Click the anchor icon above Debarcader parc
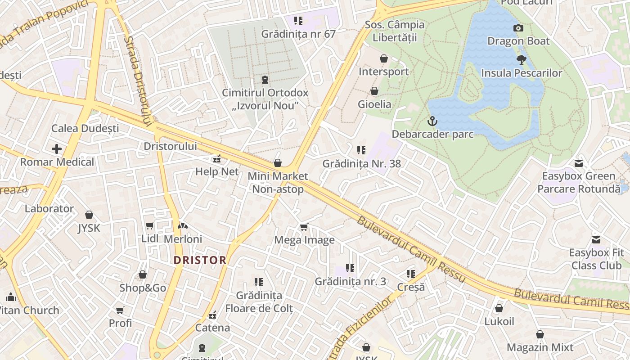click(432, 121)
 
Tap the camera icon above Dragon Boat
click(518, 28)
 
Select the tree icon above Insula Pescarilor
click(521, 59)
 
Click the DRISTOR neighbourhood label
click(200, 260)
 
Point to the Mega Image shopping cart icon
click(304, 227)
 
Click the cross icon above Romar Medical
click(57, 148)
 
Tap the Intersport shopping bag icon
click(384, 58)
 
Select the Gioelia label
click(374, 104)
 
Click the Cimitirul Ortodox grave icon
click(265, 80)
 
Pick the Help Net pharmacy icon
click(217, 158)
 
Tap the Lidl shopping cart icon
click(149, 225)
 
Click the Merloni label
click(183, 239)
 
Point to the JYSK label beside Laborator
click(89, 228)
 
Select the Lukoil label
click(499, 321)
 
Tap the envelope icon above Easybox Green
click(578, 163)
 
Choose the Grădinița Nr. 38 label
click(361, 163)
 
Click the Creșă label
click(411, 287)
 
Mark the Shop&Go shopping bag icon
click(143, 274)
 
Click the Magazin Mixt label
click(540, 347)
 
